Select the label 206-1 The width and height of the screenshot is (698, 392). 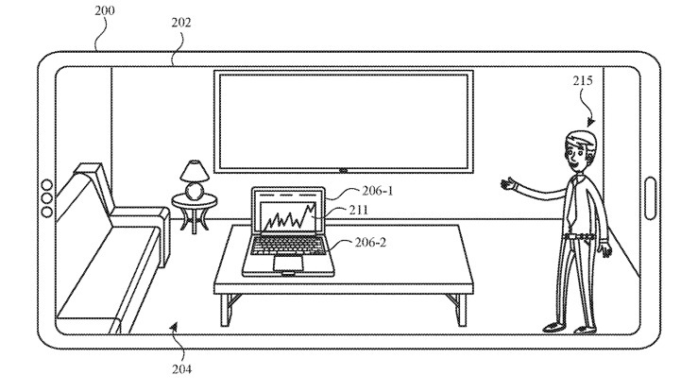pos(378,190)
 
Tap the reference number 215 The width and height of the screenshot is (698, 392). pos(583,82)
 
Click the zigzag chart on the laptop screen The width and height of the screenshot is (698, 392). pos(287,218)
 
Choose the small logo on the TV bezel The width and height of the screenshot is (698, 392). pos(342,171)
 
